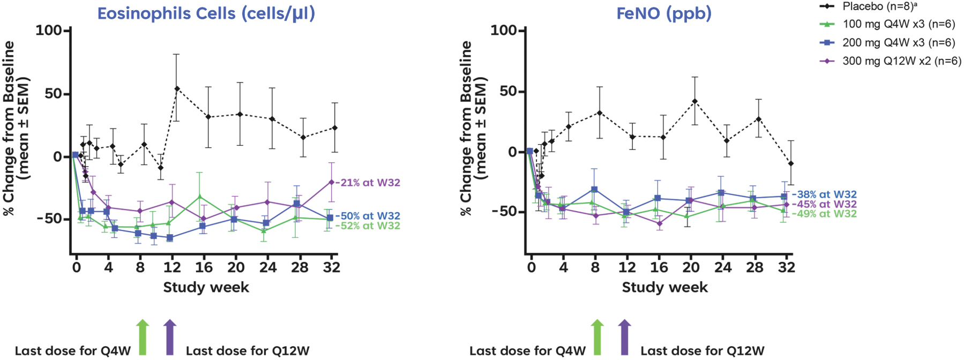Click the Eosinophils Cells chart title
(x=206, y=13)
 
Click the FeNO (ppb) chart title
(x=664, y=13)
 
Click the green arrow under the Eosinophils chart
(x=142, y=337)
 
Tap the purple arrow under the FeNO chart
(x=624, y=337)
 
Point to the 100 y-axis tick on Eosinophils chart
(x=49, y=31)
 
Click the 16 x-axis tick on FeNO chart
(x=659, y=267)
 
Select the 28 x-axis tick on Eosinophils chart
(x=300, y=267)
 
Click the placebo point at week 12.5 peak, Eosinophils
(x=177, y=88)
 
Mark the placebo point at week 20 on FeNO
(x=694, y=101)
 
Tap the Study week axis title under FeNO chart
(x=664, y=288)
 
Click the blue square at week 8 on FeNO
(x=594, y=190)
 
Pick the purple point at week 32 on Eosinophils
(x=332, y=182)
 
